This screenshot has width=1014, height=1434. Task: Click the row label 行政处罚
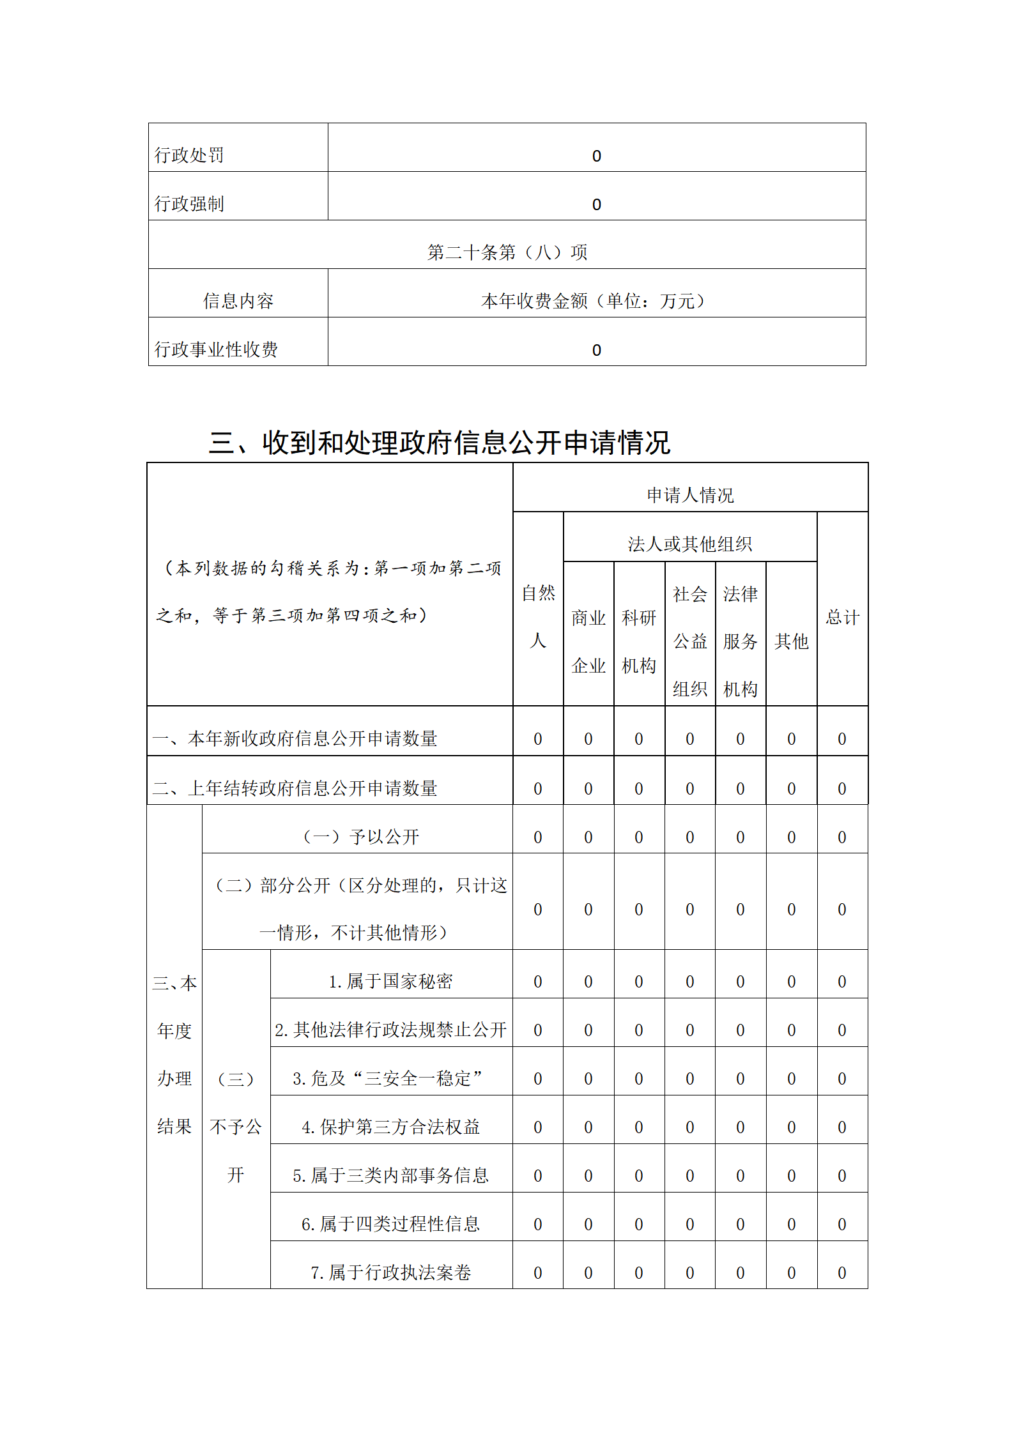(x=189, y=155)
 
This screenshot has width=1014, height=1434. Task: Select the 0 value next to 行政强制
(x=596, y=204)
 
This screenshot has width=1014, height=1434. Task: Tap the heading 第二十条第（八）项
(x=507, y=252)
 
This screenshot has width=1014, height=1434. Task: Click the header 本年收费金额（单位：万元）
(x=596, y=301)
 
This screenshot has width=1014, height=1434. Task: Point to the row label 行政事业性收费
(x=216, y=349)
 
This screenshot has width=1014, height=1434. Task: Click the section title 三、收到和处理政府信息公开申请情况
(x=440, y=443)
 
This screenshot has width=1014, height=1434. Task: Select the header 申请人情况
(x=690, y=495)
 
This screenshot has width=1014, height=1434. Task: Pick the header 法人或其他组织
(x=690, y=544)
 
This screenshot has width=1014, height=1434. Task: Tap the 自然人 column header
(x=538, y=616)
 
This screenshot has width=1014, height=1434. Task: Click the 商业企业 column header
(x=588, y=641)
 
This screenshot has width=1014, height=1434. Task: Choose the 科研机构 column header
(x=639, y=641)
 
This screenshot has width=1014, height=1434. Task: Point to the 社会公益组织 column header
(x=690, y=641)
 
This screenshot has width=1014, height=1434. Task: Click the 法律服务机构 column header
(x=741, y=641)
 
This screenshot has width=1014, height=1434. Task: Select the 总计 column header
(x=842, y=617)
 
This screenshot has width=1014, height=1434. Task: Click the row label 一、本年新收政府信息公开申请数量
(x=295, y=739)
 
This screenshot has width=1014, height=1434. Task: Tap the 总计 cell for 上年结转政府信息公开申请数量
(x=842, y=789)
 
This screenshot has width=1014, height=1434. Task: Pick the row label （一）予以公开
(x=361, y=837)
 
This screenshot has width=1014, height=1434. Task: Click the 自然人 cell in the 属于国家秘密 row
(x=538, y=982)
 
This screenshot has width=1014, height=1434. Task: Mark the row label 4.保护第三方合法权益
(x=390, y=1127)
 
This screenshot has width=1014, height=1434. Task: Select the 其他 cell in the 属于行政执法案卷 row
(x=791, y=1273)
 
